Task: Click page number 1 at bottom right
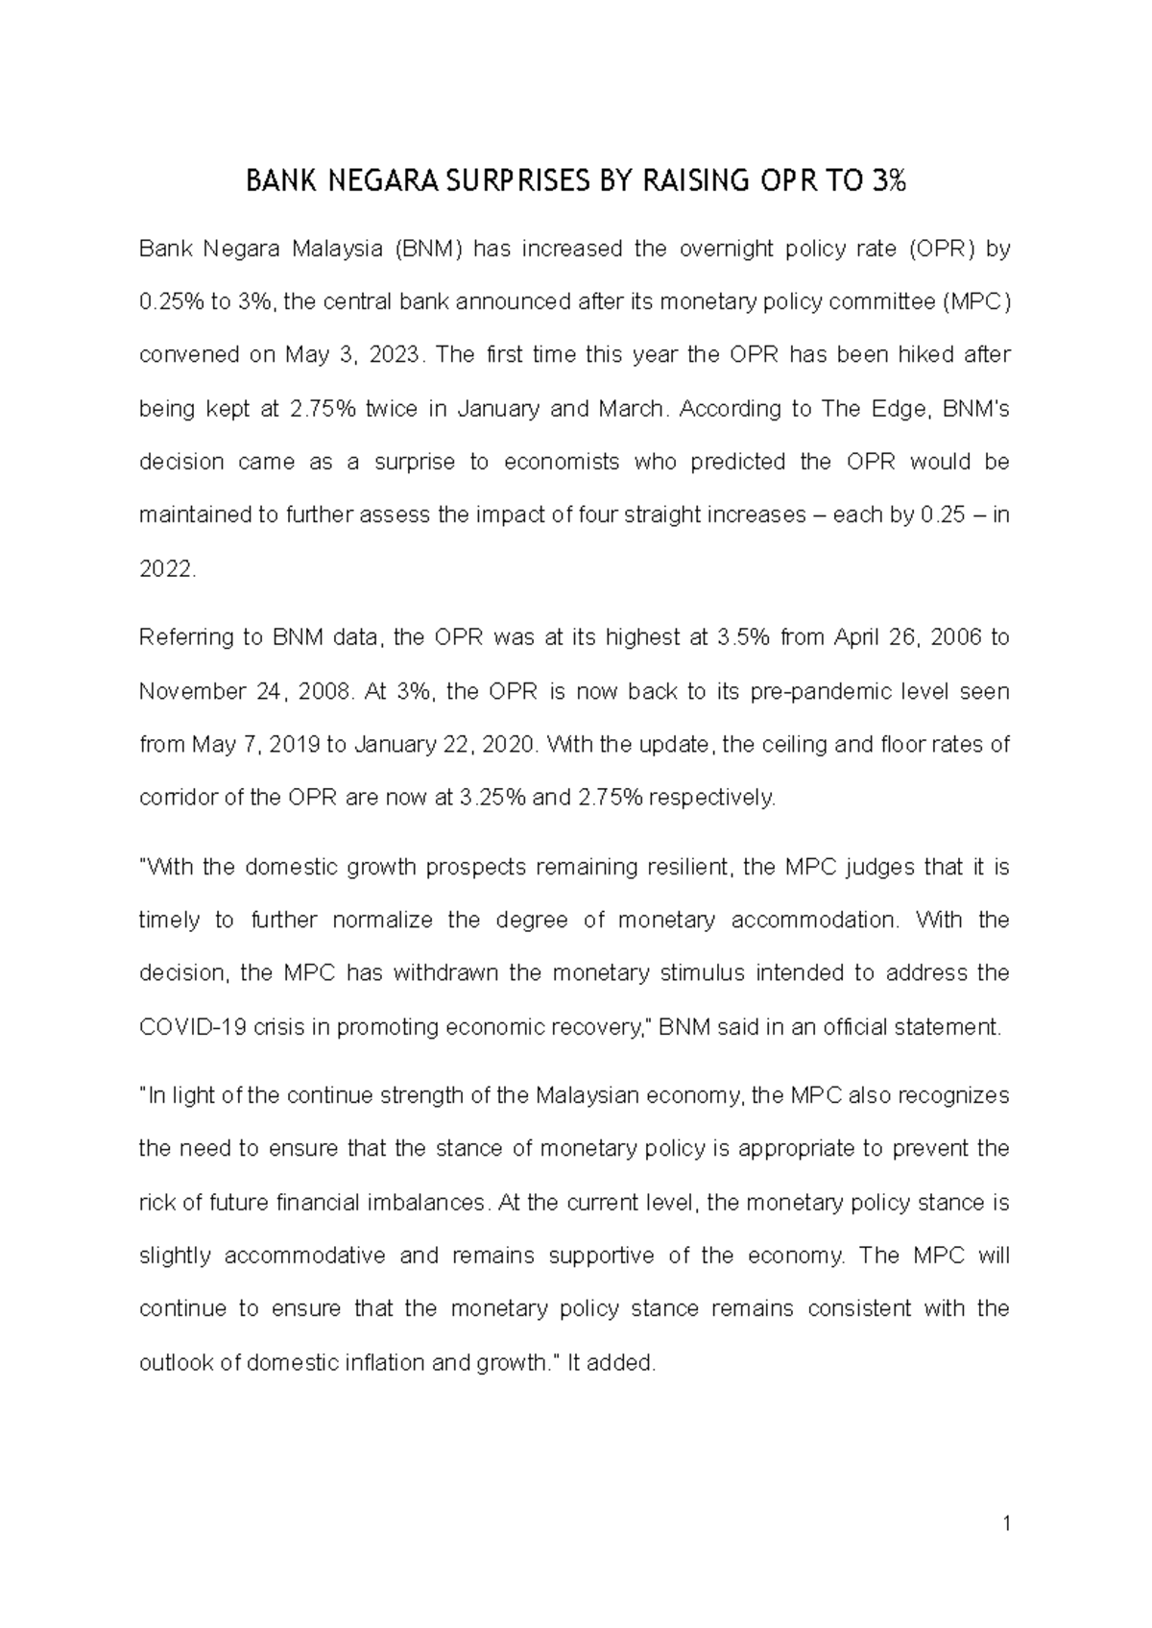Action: pos(1005,1523)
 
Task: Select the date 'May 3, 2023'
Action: pos(353,355)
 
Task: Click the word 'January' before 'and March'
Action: pos(498,409)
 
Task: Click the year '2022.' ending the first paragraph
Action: pos(167,569)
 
